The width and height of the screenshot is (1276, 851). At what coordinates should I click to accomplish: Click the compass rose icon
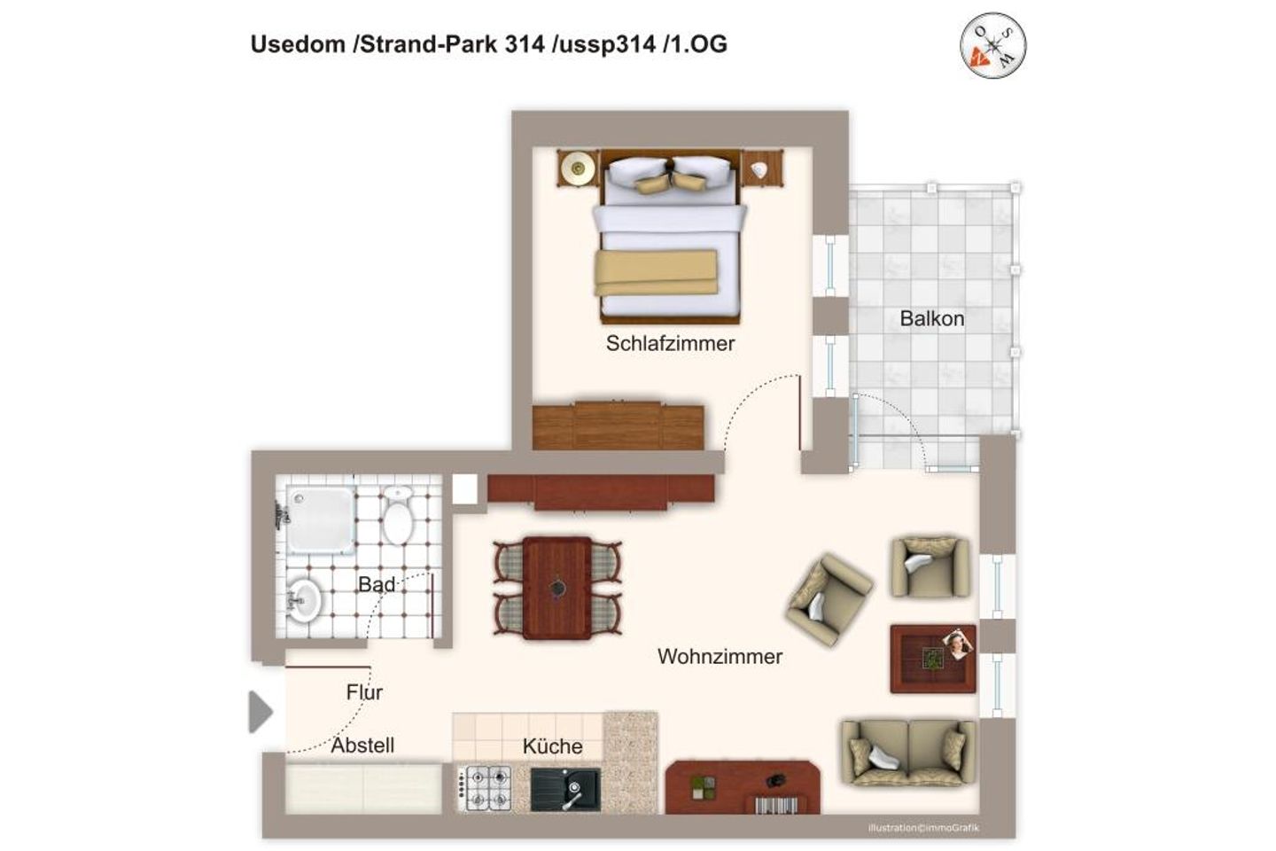coord(992,45)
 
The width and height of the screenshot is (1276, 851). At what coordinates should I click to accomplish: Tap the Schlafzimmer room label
coord(670,343)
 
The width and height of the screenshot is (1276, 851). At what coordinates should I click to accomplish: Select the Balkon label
coord(932,318)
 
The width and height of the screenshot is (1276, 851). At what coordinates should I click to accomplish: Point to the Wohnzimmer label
coord(720,656)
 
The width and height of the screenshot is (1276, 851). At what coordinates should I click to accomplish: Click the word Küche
coord(552,746)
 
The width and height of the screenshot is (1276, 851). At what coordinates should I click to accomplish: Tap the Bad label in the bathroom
coord(377,583)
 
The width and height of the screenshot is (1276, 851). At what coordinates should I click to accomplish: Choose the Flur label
coord(364,692)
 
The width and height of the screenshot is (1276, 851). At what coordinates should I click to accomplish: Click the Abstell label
coord(362,745)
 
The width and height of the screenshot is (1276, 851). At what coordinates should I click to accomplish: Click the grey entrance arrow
coord(261,711)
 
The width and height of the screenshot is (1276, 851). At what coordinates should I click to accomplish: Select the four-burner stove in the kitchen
coord(485,788)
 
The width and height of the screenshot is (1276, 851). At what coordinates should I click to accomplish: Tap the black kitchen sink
coord(565,789)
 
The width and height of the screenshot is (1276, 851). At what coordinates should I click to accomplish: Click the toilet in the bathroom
coord(398,515)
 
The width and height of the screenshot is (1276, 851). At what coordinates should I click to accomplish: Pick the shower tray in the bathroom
coord(320,519)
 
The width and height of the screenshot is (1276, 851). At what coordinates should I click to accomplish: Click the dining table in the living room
coord(557,587)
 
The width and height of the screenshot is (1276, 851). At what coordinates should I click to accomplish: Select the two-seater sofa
coord(908,753)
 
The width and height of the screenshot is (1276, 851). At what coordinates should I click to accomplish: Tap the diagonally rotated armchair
coord(829,599)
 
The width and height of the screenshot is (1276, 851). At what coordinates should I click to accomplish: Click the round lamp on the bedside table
coord(578,168)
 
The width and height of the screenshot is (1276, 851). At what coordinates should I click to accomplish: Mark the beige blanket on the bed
coord(656,273)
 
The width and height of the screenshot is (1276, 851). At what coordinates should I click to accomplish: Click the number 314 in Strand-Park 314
coord(524,44)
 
